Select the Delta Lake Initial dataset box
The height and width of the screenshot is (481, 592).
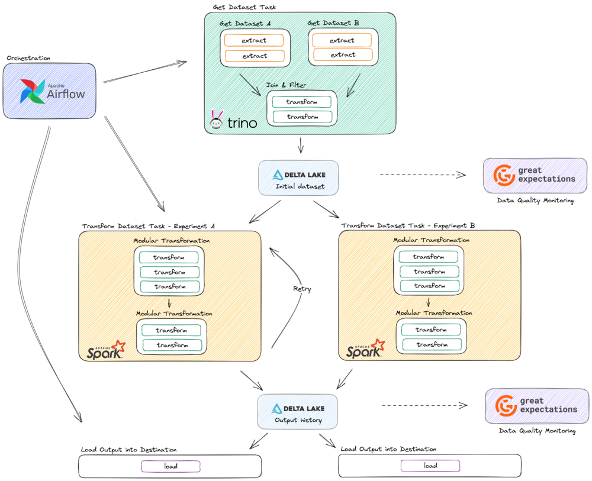tap(298, 178)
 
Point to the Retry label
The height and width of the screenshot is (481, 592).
tap(302, 289)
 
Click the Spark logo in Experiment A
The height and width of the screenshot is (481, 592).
tap(105, 350)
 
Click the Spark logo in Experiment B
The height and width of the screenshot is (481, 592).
tap(365, 350)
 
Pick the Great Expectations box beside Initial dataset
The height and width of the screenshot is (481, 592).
tap(535, 175)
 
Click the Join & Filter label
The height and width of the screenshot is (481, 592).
tap(286, 85)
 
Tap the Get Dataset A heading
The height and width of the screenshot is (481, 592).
tap(244, 23)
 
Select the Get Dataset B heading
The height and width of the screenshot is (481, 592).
tap(333, 22)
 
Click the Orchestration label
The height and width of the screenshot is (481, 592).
tap(28, 58)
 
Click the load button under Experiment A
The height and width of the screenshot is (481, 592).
tap(170, 466)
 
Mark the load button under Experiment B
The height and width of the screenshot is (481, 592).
tap(430, 466)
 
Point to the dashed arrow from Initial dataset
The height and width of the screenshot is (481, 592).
tap(422, 175)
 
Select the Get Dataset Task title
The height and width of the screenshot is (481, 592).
tap(244, 7)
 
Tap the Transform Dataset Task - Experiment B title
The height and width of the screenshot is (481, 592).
tap(408, 225)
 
